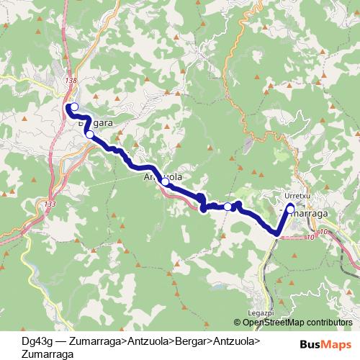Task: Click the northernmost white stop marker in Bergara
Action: coord(74,107)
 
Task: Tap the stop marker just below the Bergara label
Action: coord(89,134)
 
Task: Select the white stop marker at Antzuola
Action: coord(165,182)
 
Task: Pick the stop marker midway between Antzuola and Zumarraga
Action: coord(228,207)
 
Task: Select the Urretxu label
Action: coord(297,195)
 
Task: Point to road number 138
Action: coord(70,81)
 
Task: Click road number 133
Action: coord(49,204)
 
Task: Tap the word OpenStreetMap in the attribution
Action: coord(276,323)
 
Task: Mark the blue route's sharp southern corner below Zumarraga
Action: coord(277,233)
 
